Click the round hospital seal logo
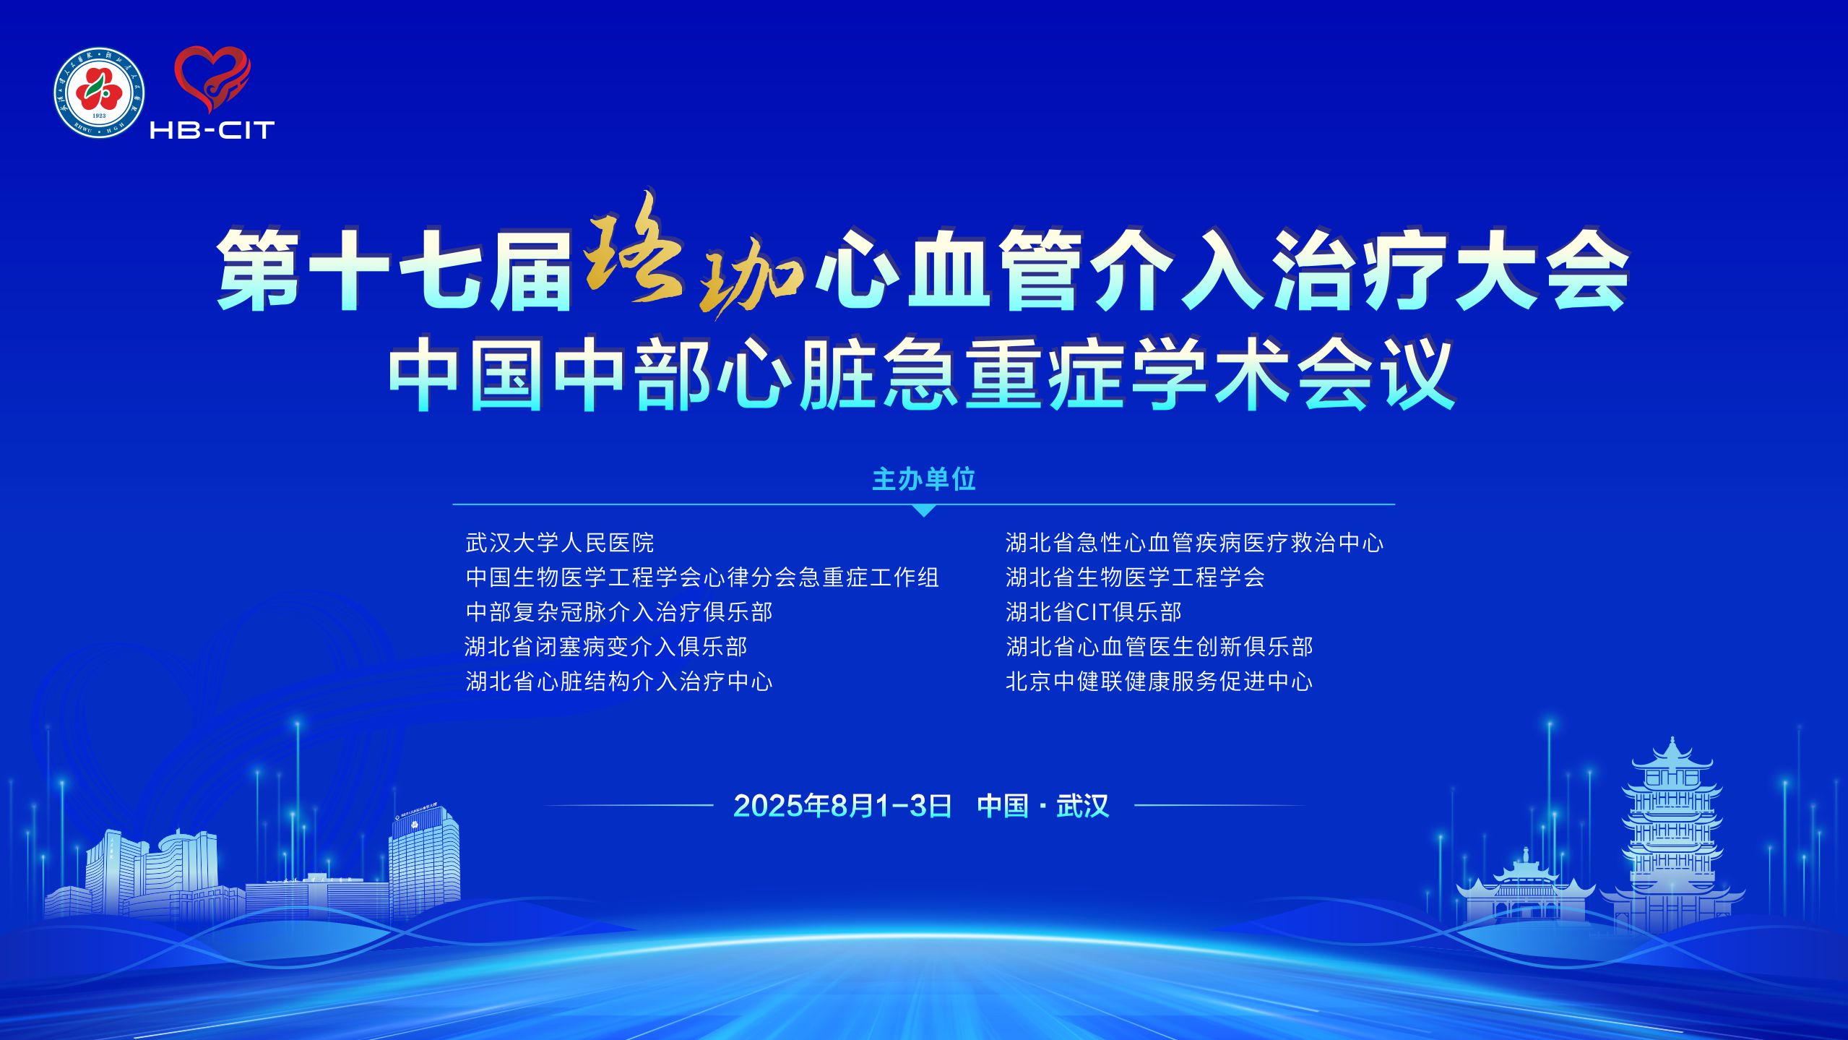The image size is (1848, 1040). click(x=100, y=93)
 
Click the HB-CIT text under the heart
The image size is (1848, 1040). click(x=212, y=129)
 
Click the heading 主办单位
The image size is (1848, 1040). click(x=924, y=479)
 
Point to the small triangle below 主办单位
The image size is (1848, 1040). click(x=924, y=510)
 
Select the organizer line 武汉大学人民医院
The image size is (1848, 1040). click(x=560, y=543)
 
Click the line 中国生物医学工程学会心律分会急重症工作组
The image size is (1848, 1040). click(x=702, y=577)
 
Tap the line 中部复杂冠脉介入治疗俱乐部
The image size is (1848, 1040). click(x=619, y=612)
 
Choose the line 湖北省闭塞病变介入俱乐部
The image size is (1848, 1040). click(x=606, y=647)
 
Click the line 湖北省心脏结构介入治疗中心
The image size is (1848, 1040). click(x=619, y=682)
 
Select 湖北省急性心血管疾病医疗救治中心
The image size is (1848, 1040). click(x=1195, y=543)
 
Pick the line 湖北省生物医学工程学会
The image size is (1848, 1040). click(x=1136, y=577)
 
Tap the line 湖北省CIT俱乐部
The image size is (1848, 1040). click(x=1094, y=612)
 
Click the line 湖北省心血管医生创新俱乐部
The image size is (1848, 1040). click(x=1160, y=647)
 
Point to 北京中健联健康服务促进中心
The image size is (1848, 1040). click(x=1160, y=682)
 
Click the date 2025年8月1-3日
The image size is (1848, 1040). click(x=842, y=805)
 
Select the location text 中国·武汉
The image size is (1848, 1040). click(x=1042, y=805)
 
